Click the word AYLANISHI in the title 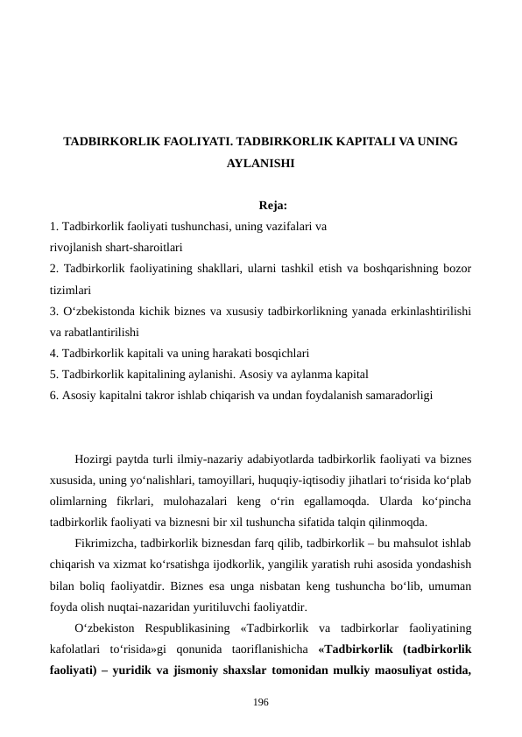point(260,163)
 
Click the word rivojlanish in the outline point(74,247)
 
